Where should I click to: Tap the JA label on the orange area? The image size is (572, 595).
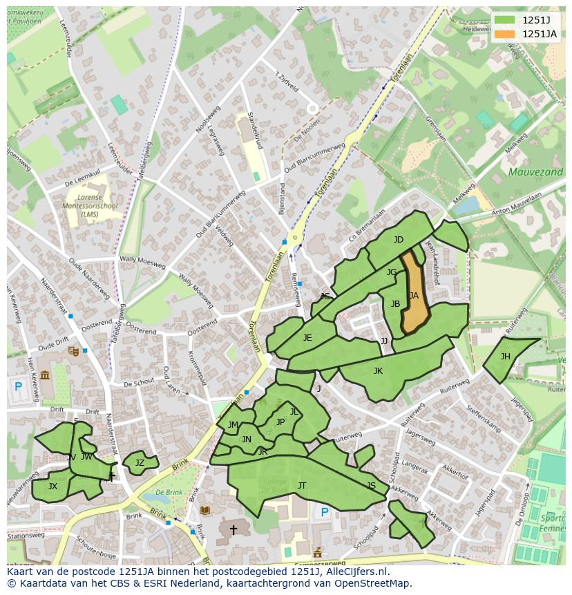414,296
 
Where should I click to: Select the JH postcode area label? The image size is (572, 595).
506,357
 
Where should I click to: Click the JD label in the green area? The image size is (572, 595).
399,240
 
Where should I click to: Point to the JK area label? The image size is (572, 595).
378,371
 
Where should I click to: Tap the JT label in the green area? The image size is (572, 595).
302,486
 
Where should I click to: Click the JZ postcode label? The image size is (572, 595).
140,463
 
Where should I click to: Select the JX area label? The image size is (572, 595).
53,487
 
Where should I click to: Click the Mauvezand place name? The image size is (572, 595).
535,171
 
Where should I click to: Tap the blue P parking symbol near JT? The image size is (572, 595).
325,513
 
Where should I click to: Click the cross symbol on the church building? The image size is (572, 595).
233,530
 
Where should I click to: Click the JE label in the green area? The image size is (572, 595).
307,338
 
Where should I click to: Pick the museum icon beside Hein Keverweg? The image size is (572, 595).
46,375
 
